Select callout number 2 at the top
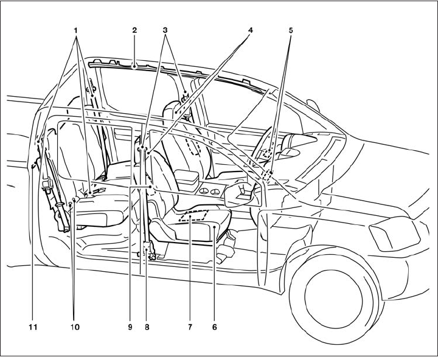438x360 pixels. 134,28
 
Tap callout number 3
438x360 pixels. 166,28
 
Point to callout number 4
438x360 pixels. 251,28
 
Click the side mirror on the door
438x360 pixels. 243,195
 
